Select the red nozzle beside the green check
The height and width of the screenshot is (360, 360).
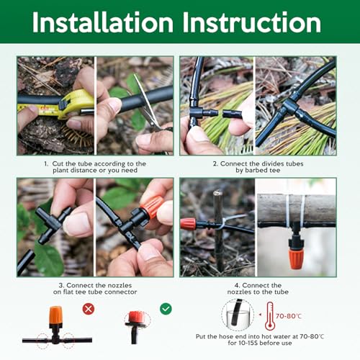(134, 319)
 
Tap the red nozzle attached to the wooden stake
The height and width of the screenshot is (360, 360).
(189, 223)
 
